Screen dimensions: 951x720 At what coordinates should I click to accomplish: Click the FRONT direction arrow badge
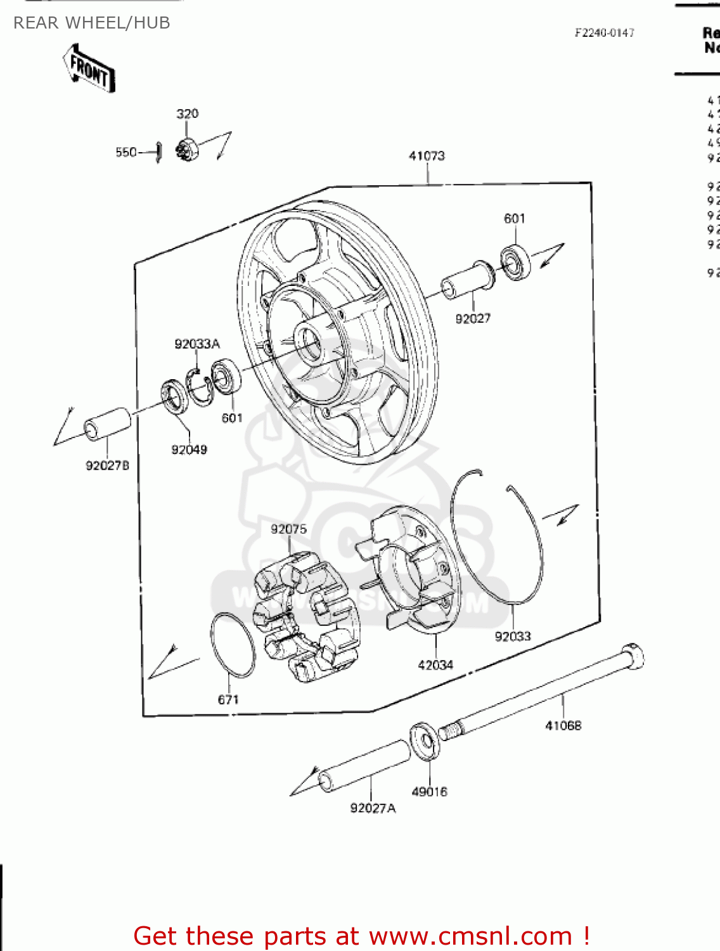(89, 68)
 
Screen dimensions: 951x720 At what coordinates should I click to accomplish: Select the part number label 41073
(427, 156)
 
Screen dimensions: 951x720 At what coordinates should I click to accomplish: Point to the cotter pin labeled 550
(159, 152)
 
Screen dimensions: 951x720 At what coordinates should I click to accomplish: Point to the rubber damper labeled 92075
(306, 615)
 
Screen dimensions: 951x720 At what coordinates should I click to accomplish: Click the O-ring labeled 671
(233, 645)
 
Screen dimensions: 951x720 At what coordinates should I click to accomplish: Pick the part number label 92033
(513, 637)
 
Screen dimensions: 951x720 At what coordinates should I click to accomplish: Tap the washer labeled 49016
(424, 741)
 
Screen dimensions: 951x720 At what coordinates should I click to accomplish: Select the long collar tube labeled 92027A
(364, 766)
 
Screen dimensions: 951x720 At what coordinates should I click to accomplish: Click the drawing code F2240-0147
(604, 33)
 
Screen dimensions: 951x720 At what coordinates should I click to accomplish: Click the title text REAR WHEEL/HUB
(92, 23)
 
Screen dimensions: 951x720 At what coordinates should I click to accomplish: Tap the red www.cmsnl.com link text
(471, 936)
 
